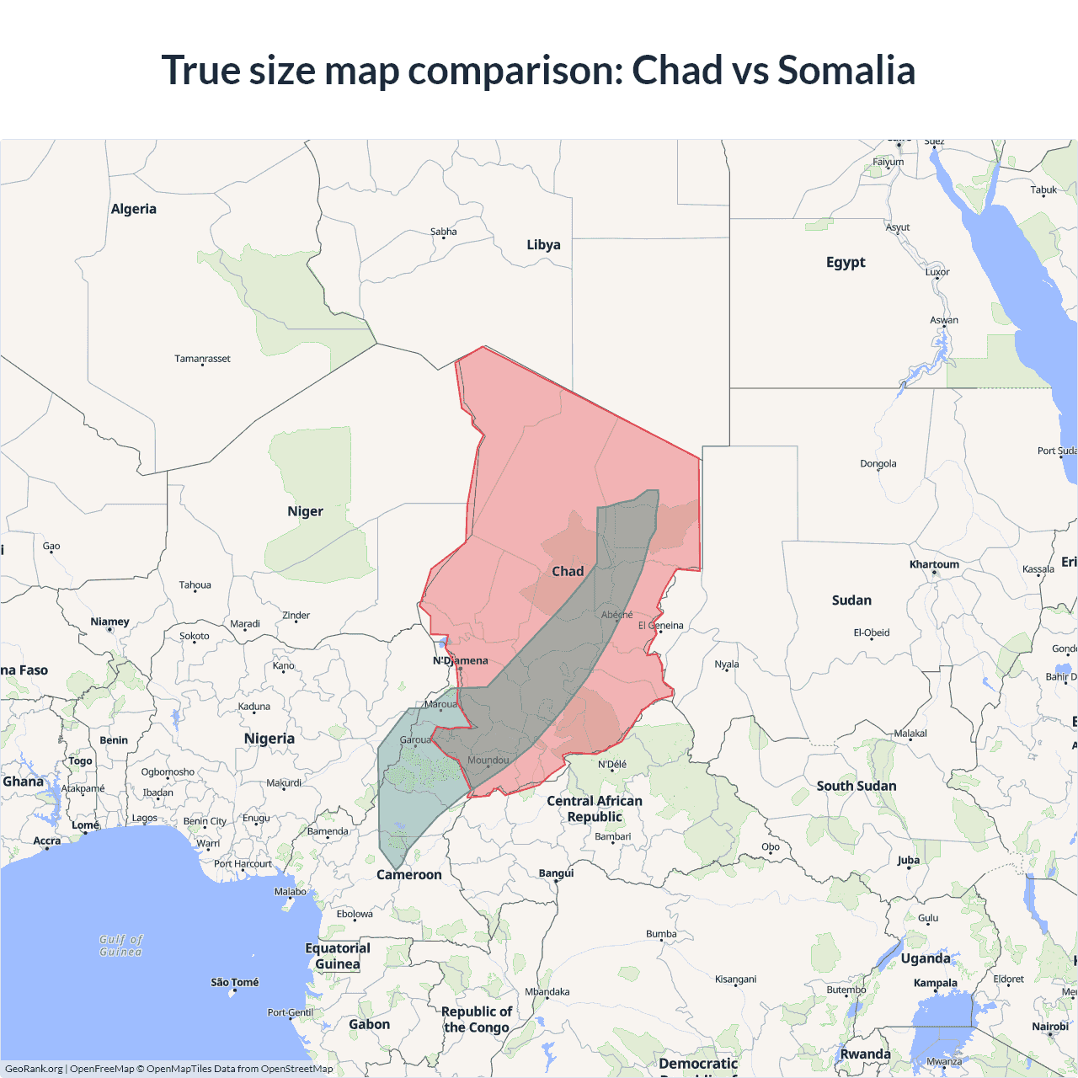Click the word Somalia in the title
pos(846,70)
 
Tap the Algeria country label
pos(134,209)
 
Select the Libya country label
pos(543,245)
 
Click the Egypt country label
pos(846,262)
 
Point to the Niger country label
pos(305,511)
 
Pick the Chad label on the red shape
pos(568,571)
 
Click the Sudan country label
pos(851,600)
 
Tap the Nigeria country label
pos(269,739)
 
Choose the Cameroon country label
pos(409,875)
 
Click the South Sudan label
pos(857,786)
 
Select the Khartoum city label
pos(934,564)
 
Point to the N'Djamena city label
pos(461,660)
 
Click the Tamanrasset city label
pos(202,359)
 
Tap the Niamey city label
pos(110,622)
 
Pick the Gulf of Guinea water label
pos(121,946)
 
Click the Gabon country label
pos(370,1024)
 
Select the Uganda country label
pos(926,958)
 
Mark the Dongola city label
pos(878,464)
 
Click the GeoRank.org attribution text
pos(34,1069)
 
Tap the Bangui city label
pos(556,873)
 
